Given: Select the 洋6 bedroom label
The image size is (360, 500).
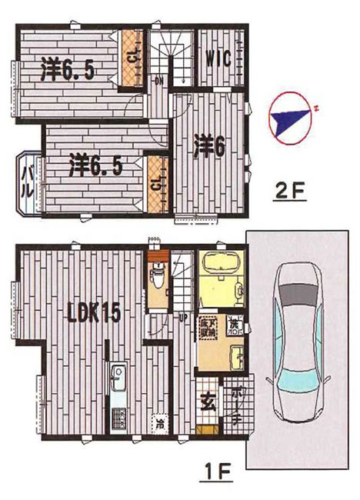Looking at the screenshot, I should click(208, 146).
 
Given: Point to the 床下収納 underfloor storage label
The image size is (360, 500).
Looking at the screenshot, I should click(208, 326).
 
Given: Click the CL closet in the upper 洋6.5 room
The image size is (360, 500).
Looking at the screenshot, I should click(132, 57).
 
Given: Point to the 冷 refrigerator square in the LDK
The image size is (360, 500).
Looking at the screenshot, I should click(159, 422).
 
